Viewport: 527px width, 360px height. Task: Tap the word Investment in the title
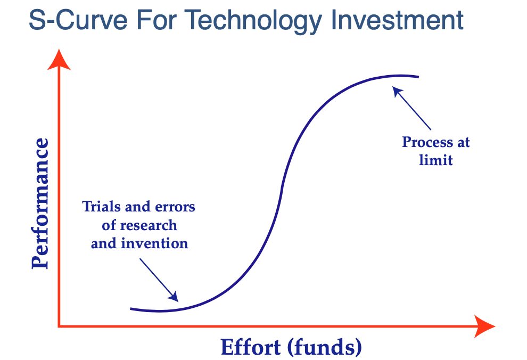(x=398, y=20)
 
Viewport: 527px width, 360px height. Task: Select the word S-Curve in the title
(x=78, y=20)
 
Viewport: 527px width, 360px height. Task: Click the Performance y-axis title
(x=40, y=203)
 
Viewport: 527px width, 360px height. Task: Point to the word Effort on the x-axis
(x=250, y=347)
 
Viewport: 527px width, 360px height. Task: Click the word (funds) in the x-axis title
(x=324, y=348)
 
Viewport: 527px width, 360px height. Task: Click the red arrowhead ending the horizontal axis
(x=484, y=326)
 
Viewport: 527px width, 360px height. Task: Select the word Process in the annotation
(x=427, y=143)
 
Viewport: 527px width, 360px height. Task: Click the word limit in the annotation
(x=435, y=160)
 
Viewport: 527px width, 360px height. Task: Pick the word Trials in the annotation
(x=102, y=207)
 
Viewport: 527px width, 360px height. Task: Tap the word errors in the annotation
(x=175, y=207)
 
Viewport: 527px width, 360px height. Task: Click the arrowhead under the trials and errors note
(x=174, y=297)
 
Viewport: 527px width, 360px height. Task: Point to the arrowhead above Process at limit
(x=397, y=92)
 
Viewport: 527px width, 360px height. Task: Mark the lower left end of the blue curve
(x=131, y=308)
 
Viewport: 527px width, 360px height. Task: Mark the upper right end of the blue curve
(x=418, y=77)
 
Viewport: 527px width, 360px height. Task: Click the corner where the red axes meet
(x=59, y=326)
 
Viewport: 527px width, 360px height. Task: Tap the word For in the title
(x=156, y=20)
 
